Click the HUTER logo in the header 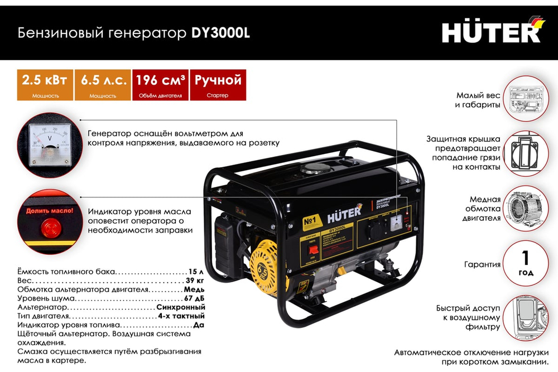click(x=491, y=32)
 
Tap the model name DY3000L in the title click(x=220, y=33)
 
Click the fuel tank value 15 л click(x=195, y=272)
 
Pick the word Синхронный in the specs click(x=181, y=307)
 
